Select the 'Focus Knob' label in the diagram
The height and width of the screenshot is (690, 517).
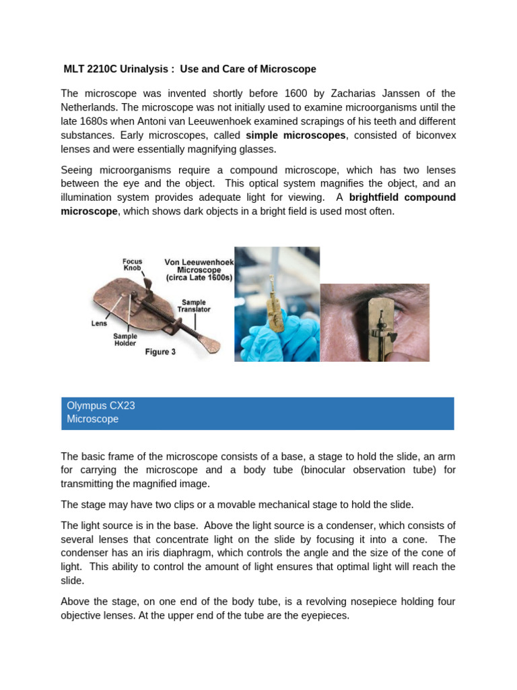[132, 263]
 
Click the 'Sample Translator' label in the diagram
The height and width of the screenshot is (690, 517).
[194, 306]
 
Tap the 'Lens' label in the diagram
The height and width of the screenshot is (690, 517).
[99, 323]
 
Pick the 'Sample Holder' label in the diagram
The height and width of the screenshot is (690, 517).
[125, 340]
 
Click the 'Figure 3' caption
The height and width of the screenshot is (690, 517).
[160, 352]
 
